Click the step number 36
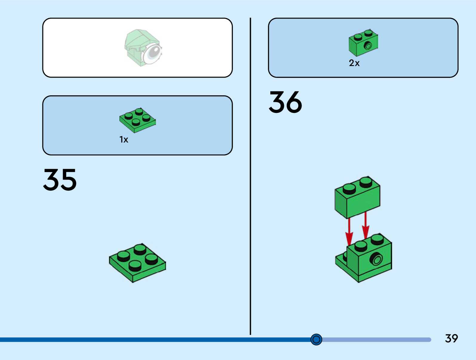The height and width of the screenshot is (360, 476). coord(285,102)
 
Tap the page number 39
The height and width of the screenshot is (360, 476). coord(451,338)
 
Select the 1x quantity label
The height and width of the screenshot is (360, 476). coord(124,140)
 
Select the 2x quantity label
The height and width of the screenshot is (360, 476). coord(354,63)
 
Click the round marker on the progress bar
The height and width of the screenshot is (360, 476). coord(316,339)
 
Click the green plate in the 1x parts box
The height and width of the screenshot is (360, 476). coord(138,120)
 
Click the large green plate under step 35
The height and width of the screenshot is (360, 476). coord(137,263)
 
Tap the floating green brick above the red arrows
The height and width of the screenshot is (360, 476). coord(357,197)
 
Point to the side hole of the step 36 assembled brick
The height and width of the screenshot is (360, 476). coord(377,259)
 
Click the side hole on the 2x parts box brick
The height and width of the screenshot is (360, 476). coord(368,46)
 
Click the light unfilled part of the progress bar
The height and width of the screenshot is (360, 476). coord(376,340)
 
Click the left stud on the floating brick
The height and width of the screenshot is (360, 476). coord(349,189)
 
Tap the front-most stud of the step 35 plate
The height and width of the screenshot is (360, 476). coord(135,265)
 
